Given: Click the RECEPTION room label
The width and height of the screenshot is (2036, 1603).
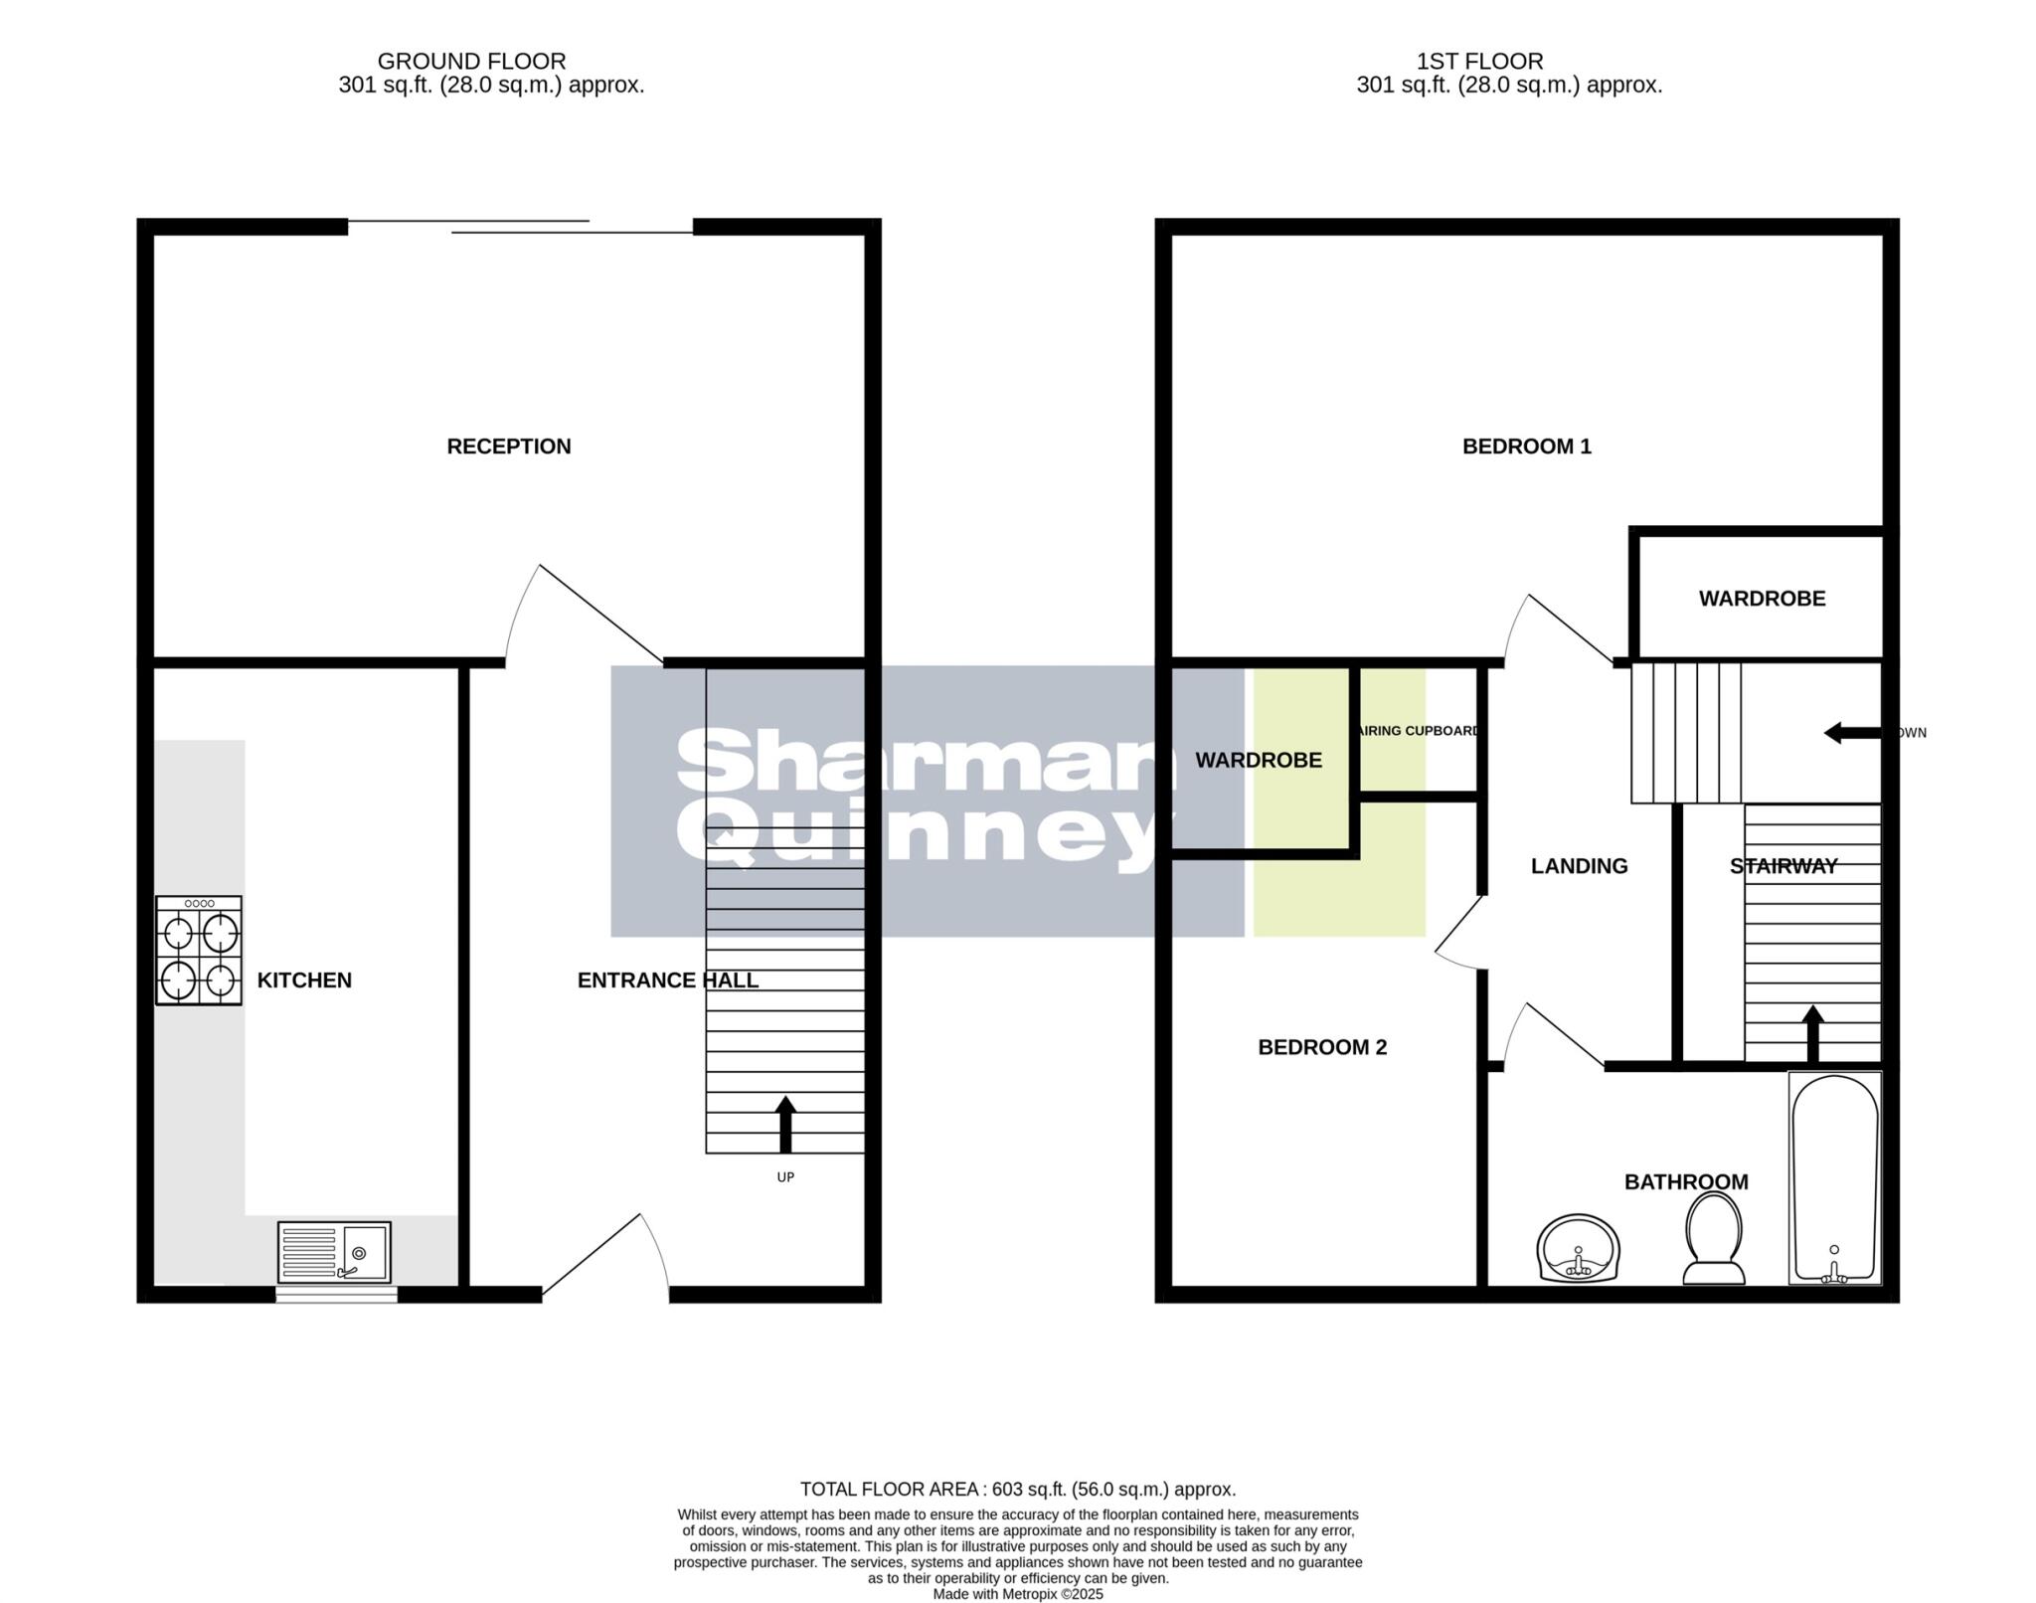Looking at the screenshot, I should point(508,446).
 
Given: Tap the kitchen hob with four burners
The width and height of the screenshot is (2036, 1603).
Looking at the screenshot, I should point(199,950).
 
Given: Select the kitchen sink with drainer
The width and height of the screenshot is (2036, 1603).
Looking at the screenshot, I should point(334,1252).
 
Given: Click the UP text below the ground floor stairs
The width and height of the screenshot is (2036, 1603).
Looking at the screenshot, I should point(784,1177).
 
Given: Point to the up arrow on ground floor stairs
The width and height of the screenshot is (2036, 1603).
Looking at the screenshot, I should point(785,1123).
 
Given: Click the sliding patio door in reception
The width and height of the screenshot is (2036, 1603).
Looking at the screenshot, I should point(520,227).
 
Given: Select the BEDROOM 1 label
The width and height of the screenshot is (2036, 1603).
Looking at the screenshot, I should point(1526,446).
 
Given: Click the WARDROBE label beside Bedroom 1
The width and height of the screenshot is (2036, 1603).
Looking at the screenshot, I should point(1762,599).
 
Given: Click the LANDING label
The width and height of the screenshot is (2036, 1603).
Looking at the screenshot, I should point(1579,866).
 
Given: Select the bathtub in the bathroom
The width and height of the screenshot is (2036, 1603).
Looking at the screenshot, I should point(1834,1177).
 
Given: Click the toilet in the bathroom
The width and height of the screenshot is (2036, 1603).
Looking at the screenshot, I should point(1714,1238).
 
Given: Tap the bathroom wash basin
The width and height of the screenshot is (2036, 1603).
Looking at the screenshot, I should point(1578,1248).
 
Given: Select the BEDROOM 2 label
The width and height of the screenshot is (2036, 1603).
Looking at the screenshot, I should point(1321,1047).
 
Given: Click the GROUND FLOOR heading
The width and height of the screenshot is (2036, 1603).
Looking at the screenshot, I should point(471,62).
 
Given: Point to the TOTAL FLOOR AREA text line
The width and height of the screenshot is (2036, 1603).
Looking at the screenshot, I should point(1018,1489).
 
